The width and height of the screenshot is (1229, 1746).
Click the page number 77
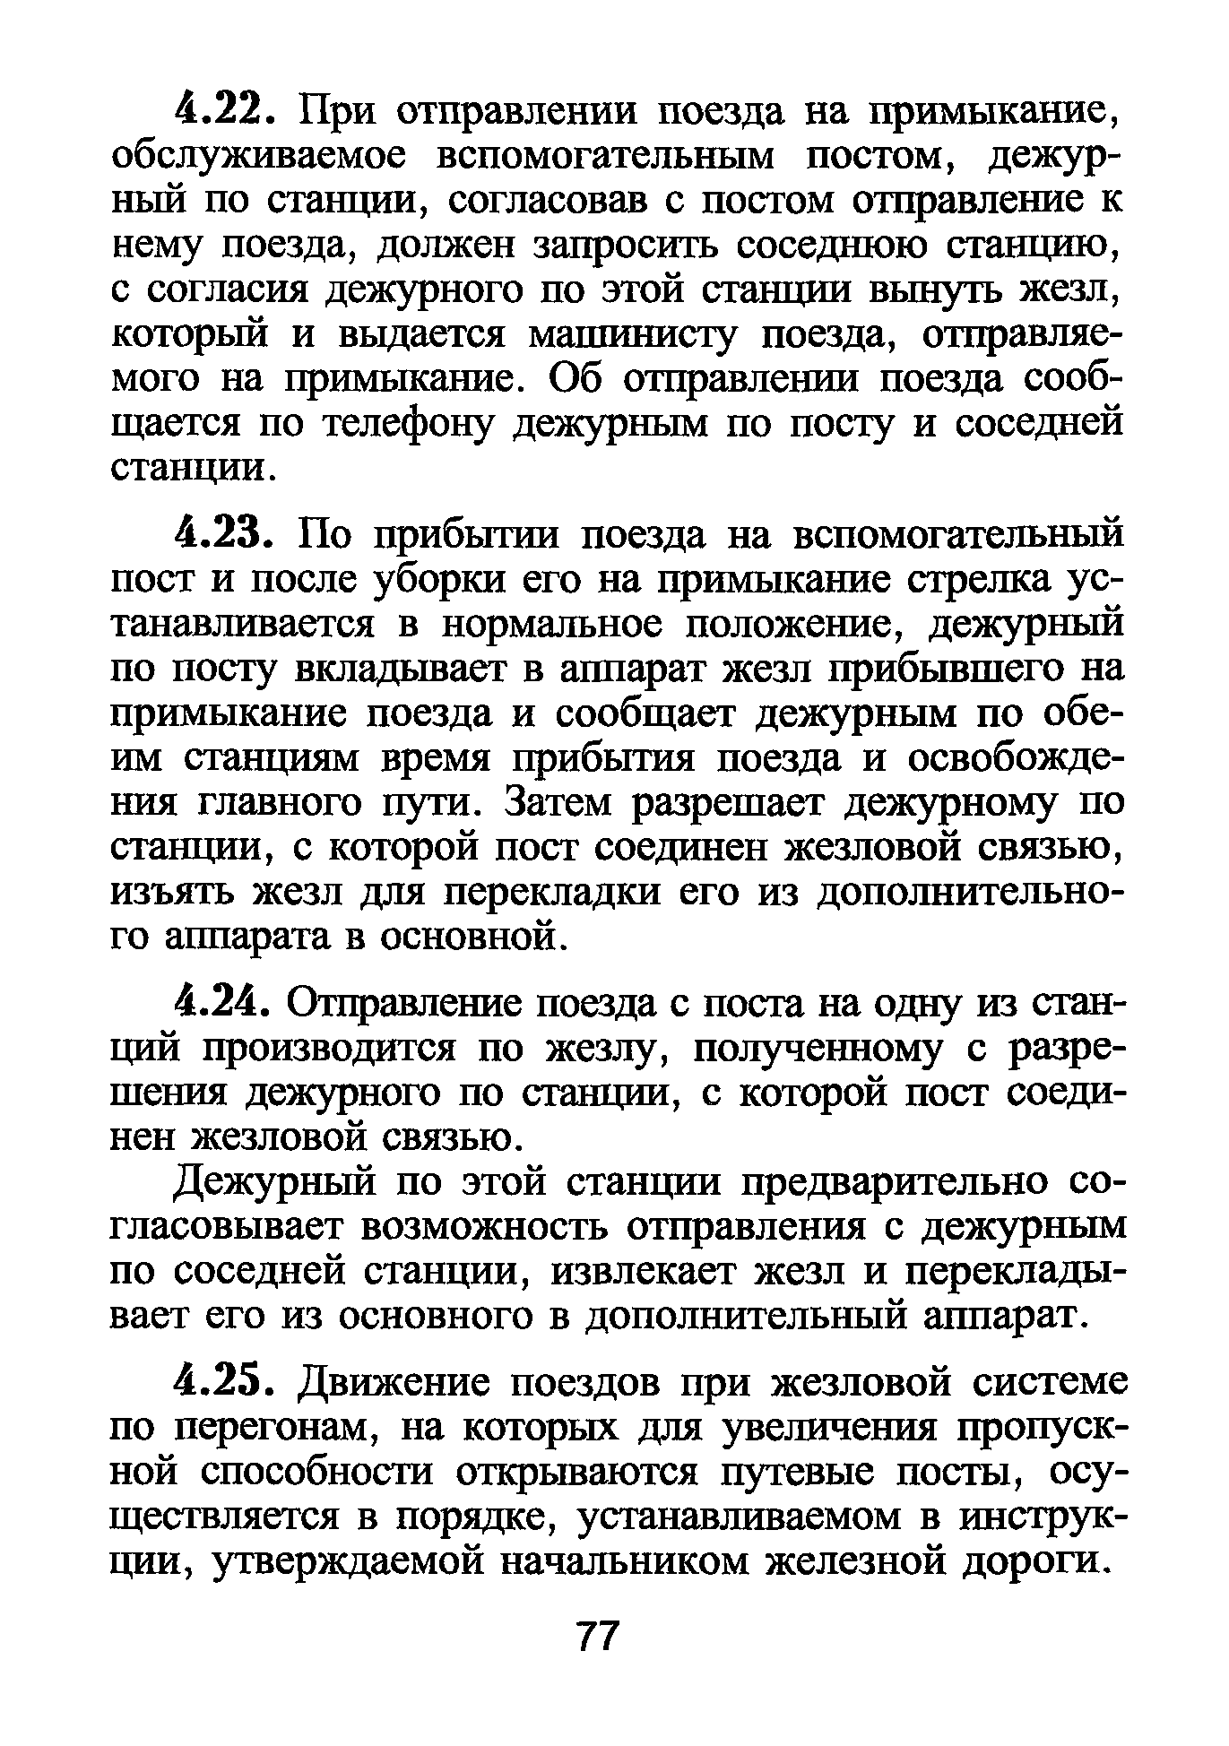[x=597, y=1638]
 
